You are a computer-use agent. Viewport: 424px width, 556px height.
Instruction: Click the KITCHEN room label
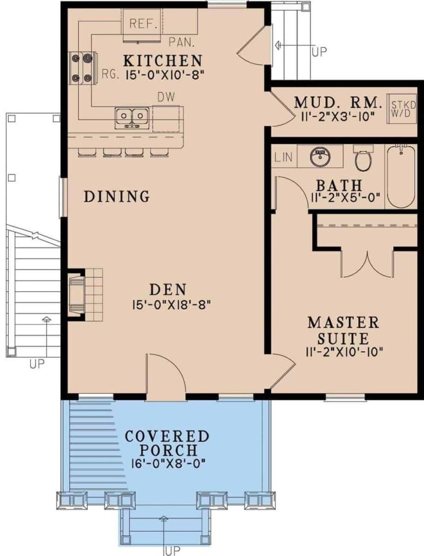(163, 61)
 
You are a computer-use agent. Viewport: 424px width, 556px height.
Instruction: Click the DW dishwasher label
(166, 97)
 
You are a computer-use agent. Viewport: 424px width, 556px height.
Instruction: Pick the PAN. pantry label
(181, 42)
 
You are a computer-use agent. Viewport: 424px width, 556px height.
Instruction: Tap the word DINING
(117, 196)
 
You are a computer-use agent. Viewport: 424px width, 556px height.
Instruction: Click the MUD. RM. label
(339, 103)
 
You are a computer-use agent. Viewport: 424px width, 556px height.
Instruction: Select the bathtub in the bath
(401, 176)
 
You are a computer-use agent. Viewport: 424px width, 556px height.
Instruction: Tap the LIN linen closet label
(283, 156)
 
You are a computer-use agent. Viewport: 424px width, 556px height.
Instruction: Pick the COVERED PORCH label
(167, 443)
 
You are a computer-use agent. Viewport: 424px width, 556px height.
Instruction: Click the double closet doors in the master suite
(368, 264)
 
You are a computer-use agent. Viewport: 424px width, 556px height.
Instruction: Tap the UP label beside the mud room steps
(319, 52)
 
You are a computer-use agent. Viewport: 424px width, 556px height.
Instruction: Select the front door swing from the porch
(166, 374)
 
